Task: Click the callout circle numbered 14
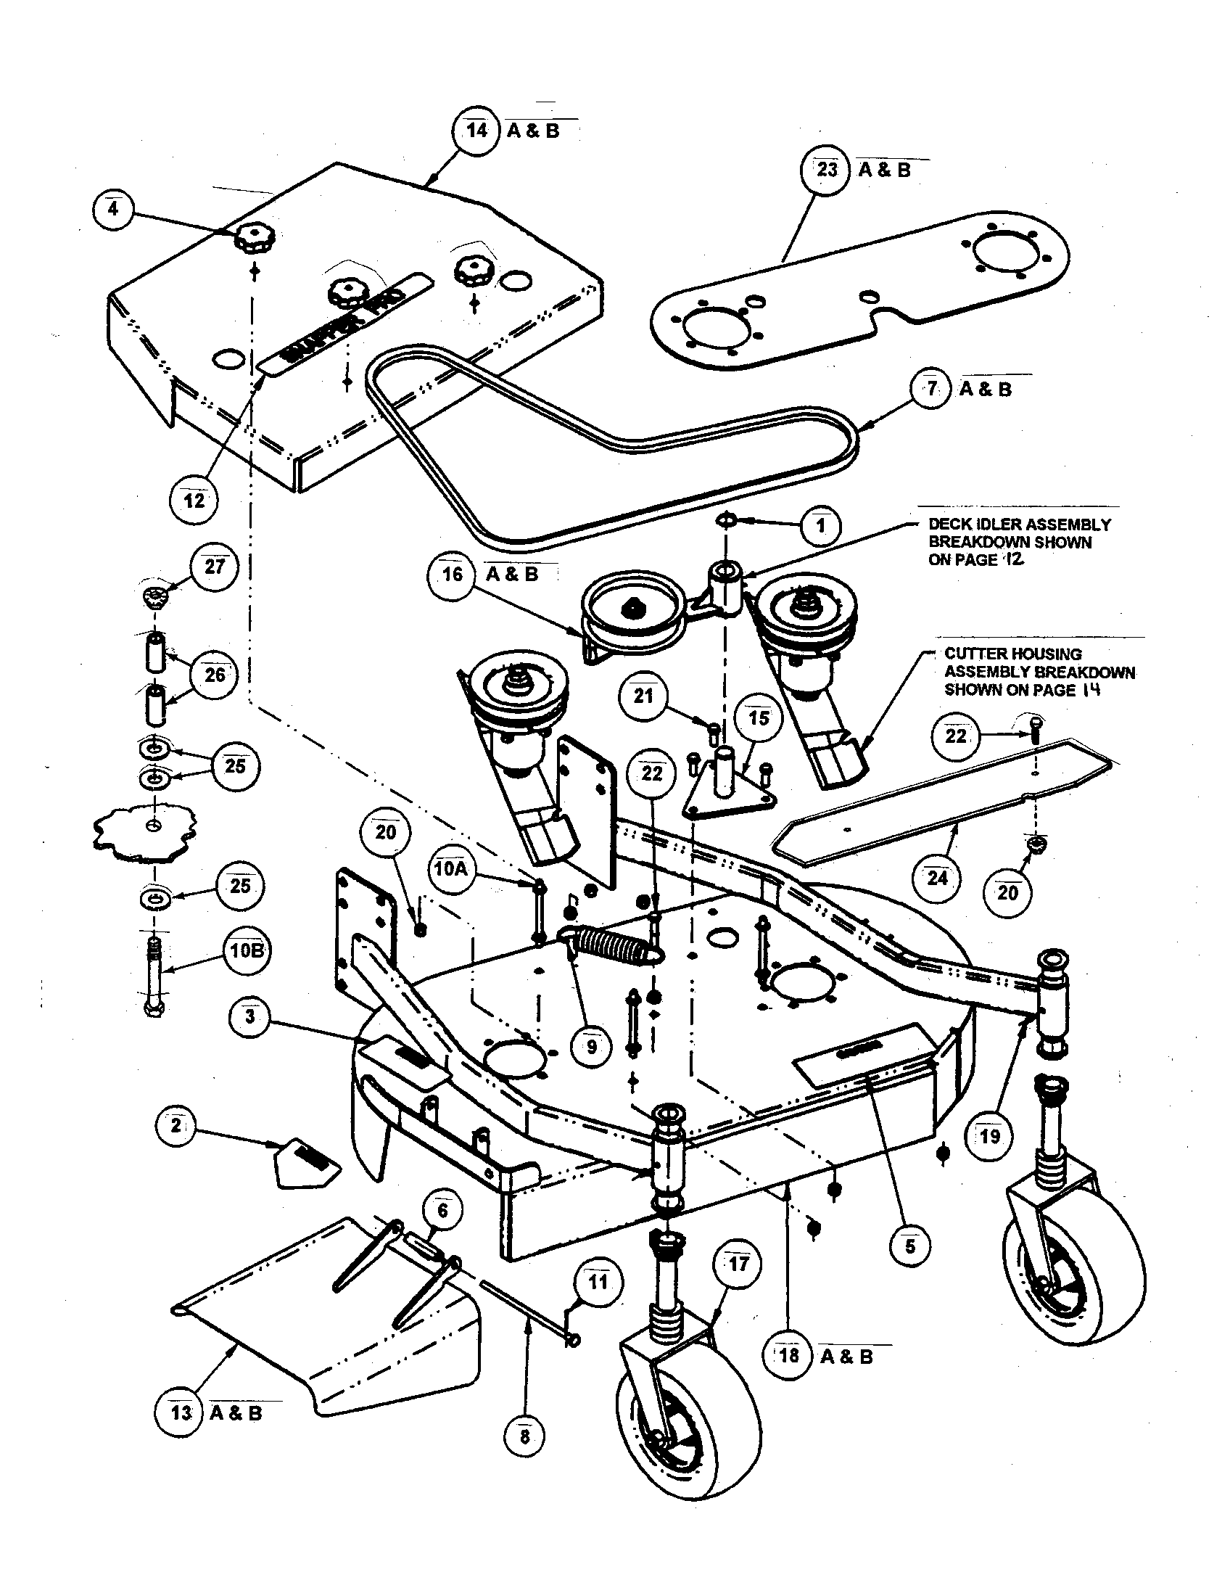pos(476,131)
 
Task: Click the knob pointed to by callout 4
pos(252,239)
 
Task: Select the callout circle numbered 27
pos(214,567)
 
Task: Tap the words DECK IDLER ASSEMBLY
pos(1019,525)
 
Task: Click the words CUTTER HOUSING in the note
pos(1012,654)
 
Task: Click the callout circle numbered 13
pos(180,1412)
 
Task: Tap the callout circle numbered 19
pos(990,1135)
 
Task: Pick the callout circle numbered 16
pos(452,575)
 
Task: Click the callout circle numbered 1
pos(821,525)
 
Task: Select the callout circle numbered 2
pos(176,1125)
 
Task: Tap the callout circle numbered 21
pos(643,696)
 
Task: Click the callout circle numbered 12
pos(194,501)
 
